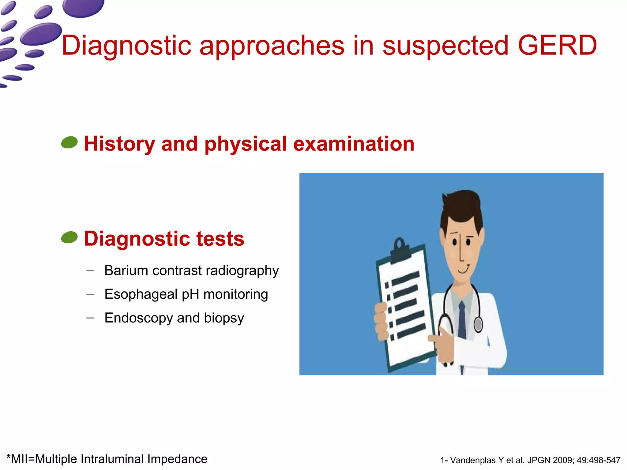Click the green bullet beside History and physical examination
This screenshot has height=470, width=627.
pyautogui.click(x=69, y=143)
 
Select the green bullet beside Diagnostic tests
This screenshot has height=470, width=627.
pyautogui.click(x=69, y=237)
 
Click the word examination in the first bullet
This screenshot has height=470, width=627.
pyautogui.click(x=354, y=144)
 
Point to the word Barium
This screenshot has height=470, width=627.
pyautogui.click(x=126, y=270)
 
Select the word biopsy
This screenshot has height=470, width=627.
pyautogui.click(x=224, y=318)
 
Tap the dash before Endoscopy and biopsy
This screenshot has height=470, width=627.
pyautogui.click(x=90, y=318)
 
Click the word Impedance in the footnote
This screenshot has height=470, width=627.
pyautogui.click(x=177, y=459)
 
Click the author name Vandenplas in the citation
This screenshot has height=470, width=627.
pyautogui.click(x=473, y=460)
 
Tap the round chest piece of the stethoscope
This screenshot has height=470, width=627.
pyautogui.click(x=478, y=324)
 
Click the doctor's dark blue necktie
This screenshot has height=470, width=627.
pyautogui.click(x=462, y=320)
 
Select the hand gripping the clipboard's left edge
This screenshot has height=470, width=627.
pyautogui.click(x=381, y=321)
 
